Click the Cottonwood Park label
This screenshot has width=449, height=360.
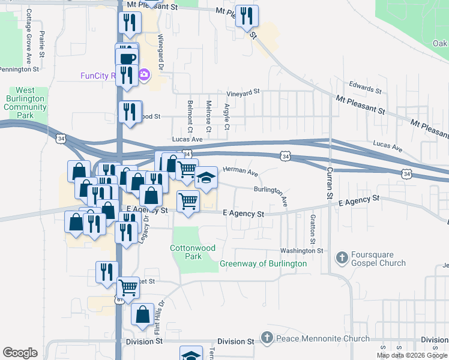click(193, 251)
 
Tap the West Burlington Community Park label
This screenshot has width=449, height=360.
click(25, 103)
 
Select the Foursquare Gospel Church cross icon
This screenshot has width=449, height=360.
click(342, 257)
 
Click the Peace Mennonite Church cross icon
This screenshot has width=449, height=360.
click(268, 338)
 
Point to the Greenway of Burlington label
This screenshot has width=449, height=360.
click(263, 263)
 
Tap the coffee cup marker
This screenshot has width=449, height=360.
click(127, 59)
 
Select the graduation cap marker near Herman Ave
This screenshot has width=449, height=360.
click(206, 178)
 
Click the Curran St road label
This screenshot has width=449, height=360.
click(330, 183)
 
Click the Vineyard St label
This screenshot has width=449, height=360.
click(243, 92)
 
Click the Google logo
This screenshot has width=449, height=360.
click(20, 352)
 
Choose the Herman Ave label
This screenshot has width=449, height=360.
click(240, 172)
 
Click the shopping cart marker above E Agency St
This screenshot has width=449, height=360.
click(188, 201)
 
